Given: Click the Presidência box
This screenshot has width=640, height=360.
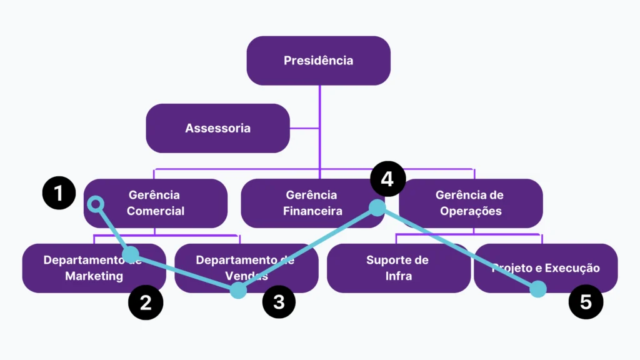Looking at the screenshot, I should [x=318, y=61].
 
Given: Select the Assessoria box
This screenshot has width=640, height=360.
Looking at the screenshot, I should [x=217, y=128].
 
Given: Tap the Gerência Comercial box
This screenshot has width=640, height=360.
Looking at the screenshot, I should [x=156, y=203].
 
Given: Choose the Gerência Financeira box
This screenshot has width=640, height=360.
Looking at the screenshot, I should [x=311, y=203].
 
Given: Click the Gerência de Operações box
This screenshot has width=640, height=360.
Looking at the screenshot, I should [x=471, y=203].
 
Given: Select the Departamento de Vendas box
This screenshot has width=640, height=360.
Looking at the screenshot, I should [x=246, y=268].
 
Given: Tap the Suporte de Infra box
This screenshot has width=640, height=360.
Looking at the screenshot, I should [x=398, y=268].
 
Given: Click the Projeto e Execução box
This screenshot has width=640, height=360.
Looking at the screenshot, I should [x=546, y=268].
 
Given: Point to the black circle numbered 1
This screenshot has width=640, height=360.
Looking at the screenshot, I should [x=59, y=193].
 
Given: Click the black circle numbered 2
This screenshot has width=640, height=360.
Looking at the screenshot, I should [x=146, y=302].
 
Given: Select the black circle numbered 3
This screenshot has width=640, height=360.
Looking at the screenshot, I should [x=279, y=302].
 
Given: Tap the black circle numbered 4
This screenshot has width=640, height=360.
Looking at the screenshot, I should [x=387, y=179].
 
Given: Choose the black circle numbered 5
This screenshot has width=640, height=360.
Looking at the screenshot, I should [x=586, y=302].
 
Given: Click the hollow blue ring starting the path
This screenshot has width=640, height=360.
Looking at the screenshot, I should [x=95, y=204].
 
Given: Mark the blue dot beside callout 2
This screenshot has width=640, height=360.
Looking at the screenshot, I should [x=130, y=254].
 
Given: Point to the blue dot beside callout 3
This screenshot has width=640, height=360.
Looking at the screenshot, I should [x=238, y=290].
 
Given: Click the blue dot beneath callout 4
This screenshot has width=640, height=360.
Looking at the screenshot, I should [x=377, y=207].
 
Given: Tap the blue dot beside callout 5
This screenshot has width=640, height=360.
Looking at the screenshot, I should [x=538, y=289].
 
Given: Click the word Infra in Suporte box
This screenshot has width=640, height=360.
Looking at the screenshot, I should [x=399, y=276].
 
